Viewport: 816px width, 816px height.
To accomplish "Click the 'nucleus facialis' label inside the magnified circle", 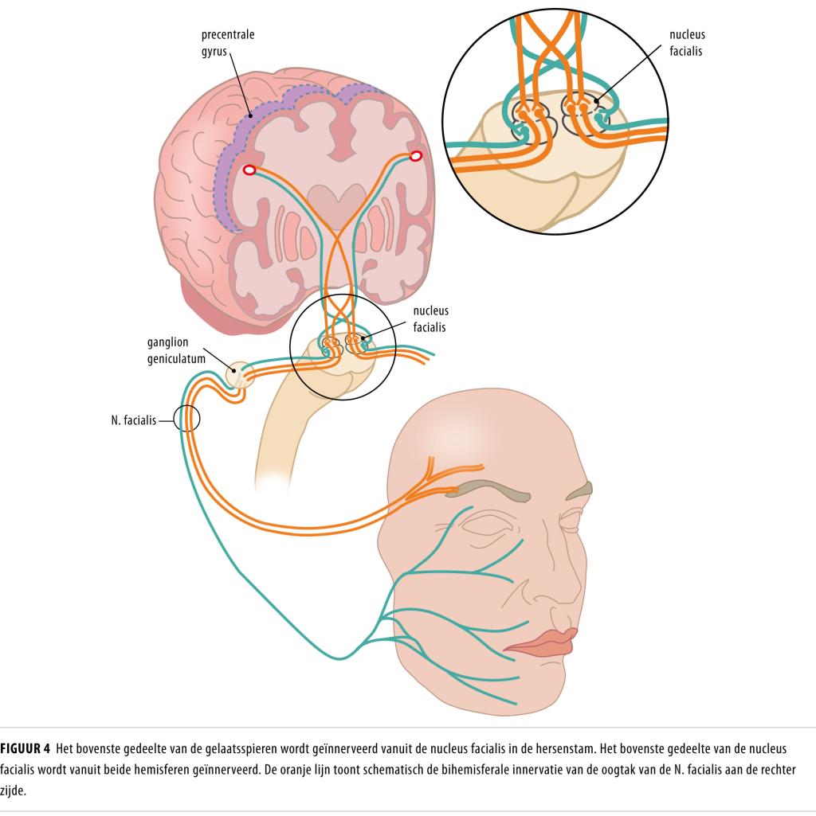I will pos(687,42).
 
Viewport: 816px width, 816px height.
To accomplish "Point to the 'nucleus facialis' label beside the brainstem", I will pos(430,318).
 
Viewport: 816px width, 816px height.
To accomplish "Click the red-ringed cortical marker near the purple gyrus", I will pos(249,170).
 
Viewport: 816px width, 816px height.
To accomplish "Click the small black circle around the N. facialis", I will pos(187,417).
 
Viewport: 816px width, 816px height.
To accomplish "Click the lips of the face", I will pos(539,641).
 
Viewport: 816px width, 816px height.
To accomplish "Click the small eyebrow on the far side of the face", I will pos(580,490).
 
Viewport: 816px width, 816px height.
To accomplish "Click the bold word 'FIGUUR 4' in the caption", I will pos(25,749).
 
